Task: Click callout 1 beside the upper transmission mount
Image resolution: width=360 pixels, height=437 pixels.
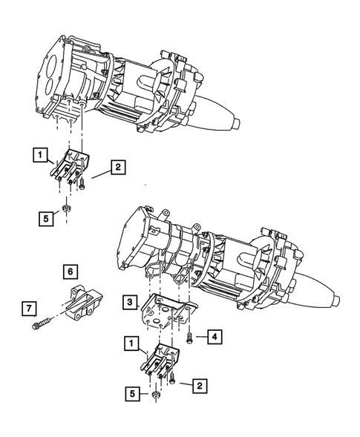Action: pyautogui.click(x=37, y=155)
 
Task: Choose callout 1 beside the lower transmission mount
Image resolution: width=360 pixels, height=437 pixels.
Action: pyautogui.click(x=131, y=344)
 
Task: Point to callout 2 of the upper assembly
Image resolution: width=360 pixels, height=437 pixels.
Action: pyautogui.click(x=118, y=168)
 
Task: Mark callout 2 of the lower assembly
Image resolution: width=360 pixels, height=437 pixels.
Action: pyautogui.click(x=199, y=385)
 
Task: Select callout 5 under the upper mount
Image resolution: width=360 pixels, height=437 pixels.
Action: pyautogui.click(x=45, y=218)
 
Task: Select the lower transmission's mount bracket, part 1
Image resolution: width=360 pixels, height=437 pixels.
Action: pyautogui.click(x=163, y=364)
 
